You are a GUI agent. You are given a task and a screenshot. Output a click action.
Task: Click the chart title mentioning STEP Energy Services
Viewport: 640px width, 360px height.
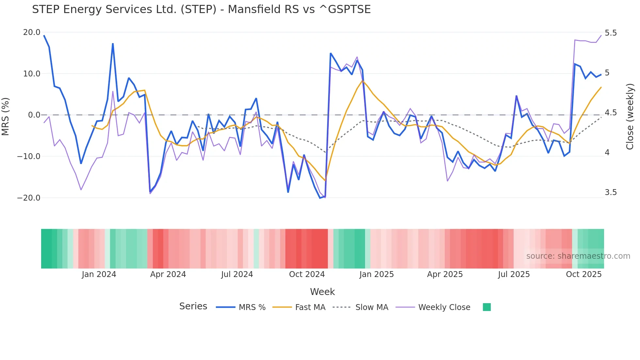[201, 9]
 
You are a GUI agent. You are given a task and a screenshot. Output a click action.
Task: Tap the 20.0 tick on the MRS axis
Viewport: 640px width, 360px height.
[32, 32]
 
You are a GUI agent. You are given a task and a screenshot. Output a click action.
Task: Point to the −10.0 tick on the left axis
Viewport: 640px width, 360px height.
[29, 156]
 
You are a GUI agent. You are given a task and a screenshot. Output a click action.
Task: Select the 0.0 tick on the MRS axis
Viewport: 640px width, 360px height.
[34, 115]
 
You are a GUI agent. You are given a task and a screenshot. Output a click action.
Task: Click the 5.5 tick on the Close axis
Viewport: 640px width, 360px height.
[611, 33]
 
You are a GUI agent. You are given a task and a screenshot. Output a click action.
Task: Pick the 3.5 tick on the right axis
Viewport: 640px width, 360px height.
[611, 192]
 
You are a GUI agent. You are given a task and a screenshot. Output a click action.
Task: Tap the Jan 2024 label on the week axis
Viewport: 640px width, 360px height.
[99, 274]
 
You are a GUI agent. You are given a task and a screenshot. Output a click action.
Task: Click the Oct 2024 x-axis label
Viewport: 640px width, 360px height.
[307, 274]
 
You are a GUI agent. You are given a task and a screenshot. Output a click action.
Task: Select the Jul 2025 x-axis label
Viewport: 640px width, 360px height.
[514, 274]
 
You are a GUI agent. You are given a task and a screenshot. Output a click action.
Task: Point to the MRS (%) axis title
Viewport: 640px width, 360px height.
[6, 116]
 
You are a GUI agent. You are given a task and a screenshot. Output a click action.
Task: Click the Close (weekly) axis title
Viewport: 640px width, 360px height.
[630, 117]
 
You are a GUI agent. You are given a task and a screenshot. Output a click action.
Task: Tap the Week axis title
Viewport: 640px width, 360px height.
[322, 292]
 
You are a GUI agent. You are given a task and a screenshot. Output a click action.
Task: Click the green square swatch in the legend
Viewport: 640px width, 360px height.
[487, 307]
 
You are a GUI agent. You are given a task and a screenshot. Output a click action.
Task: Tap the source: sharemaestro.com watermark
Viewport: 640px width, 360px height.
[578, 256]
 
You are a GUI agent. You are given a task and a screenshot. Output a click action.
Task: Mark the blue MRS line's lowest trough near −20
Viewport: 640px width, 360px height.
[320, 198]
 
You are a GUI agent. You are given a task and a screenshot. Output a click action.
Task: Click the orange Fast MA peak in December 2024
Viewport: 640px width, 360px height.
[362, 81]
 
